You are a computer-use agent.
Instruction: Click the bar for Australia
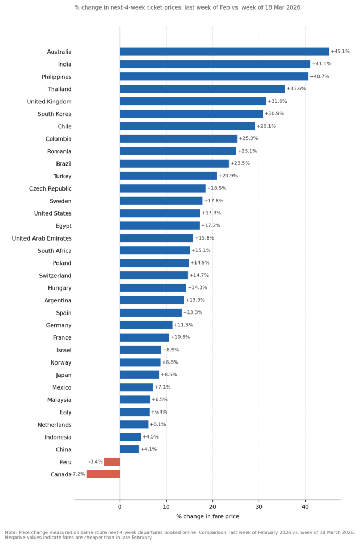point(224,52)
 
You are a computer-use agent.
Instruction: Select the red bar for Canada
point(103,474)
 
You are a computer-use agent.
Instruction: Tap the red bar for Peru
point(112,462)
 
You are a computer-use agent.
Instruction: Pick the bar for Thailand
point(202,89)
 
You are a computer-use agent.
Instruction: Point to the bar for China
point(129,449)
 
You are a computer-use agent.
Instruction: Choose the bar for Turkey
point(168,176)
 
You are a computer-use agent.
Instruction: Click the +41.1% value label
point(321,64)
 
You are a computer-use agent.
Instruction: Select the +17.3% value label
point(211,213)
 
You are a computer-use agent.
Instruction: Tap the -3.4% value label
point(95,461)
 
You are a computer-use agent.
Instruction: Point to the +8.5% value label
point(169,375)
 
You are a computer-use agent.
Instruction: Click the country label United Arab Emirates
point(42,238)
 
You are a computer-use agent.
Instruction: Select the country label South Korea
point(54,114)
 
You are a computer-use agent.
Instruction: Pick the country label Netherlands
point(54,425)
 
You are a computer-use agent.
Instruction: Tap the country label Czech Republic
point(50,188)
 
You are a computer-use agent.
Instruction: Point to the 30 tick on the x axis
point(259,507)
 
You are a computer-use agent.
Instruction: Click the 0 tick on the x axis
point(120,507)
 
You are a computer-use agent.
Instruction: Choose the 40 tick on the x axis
point(305,507)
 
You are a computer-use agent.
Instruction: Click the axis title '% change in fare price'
point(208,517)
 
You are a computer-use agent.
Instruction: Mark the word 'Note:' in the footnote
point(12,532)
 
